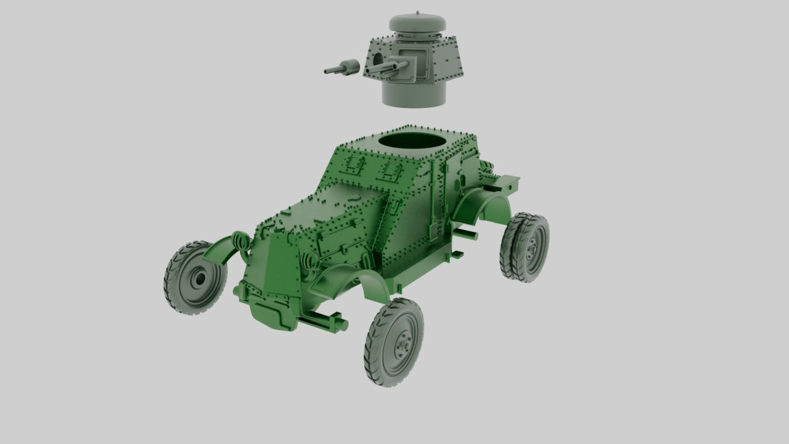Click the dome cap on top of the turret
417,25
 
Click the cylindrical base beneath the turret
412,92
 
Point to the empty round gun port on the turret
375,59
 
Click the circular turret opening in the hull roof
412,142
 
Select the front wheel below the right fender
394,342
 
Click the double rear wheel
525,247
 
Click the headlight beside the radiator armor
308,262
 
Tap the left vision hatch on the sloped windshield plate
354,164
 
